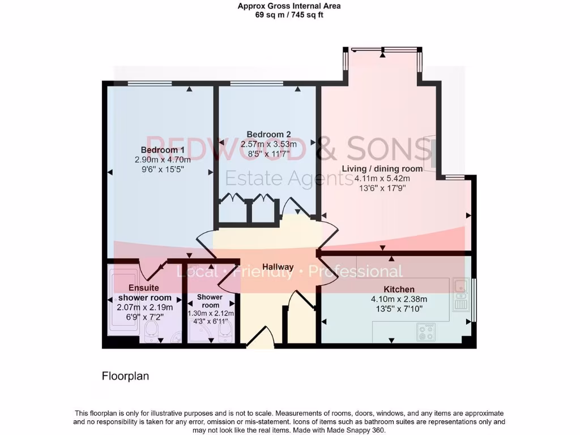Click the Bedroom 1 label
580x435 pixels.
[x=163, y=150]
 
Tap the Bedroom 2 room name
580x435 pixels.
[x=268, y=134]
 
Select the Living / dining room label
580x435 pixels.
[x=382, y=169]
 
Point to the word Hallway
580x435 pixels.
[x=278, y=267]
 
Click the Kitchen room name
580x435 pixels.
[x=400, y=289]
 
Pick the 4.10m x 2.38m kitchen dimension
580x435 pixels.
[x=399, y=299]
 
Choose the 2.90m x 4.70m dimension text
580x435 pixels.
[x=163, y=159]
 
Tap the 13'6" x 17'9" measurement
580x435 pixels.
[x=382, y=188]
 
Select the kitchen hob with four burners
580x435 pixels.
[x=425, y=332]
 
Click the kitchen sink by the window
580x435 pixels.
[x=460, y=295]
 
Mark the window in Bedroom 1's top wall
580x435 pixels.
[x=150, y=83]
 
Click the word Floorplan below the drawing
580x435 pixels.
[x=125, y=376]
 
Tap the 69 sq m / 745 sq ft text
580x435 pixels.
[x=289, y=15]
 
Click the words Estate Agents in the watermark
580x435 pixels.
[x=289, y=178]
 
